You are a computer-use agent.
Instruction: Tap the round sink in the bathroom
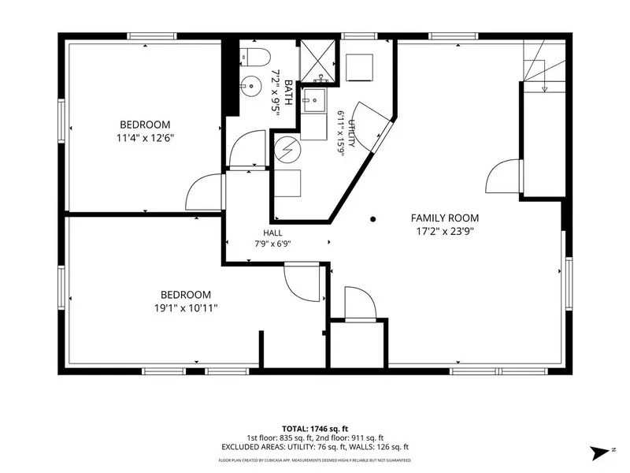(250, 86)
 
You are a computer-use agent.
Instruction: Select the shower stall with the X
(318, 61)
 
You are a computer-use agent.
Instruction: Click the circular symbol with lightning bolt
(287, 150)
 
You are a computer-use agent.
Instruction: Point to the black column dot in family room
(372, 219)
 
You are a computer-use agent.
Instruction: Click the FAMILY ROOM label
(445, 218)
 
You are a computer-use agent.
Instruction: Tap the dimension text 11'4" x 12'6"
(145, 138)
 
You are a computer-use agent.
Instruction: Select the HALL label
(272, 233)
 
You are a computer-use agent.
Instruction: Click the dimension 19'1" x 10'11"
(186, 308)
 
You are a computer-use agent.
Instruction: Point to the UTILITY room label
(351, 133)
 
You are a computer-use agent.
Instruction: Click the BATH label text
(288, 92)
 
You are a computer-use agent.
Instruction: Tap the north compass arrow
(600, 453)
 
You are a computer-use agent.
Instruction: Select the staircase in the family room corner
(544, 66)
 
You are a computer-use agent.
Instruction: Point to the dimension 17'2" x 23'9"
(445, 231)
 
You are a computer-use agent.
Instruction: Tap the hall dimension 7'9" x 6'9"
(272, 244)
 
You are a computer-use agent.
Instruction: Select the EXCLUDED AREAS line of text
(315, 447)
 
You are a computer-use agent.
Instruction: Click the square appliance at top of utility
(359, 67)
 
